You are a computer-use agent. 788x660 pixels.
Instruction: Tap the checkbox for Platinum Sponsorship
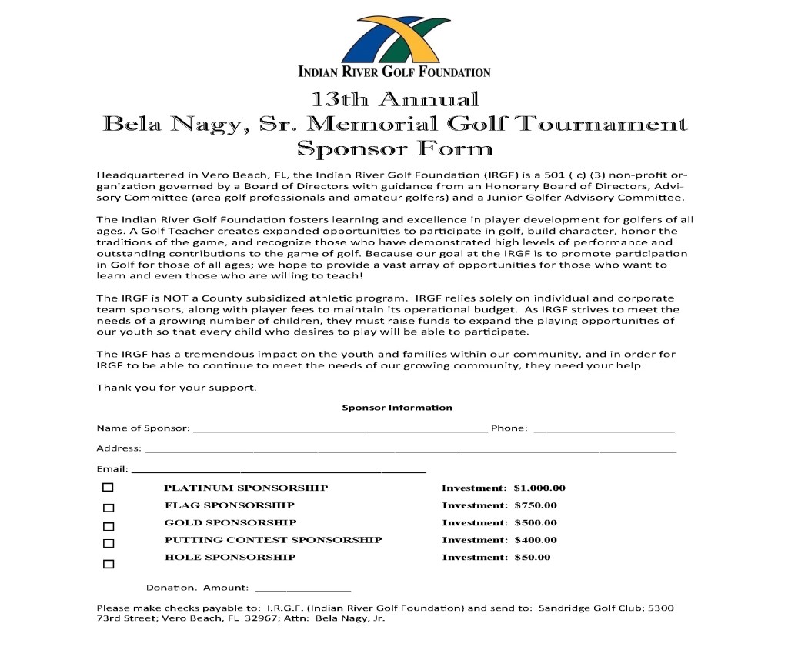tap(108, 488)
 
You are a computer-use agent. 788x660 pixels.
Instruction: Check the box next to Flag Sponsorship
tap(109, 508)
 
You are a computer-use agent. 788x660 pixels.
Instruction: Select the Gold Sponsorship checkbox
tap(109, 527)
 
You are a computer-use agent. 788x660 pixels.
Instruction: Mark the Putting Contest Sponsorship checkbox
tap(109, 544)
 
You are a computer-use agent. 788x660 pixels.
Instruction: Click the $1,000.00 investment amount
tap(539, 488)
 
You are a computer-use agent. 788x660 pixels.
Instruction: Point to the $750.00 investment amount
tap(536, 505)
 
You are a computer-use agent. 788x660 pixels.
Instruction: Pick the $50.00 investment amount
tap(533, 557)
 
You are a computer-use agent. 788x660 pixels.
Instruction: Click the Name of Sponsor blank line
tap(339, 430)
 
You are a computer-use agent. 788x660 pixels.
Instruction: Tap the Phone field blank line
tap(603, 430)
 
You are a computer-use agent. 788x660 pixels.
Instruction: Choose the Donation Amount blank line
tap(302, 589)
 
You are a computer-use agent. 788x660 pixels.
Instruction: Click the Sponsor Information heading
tap(397, 408)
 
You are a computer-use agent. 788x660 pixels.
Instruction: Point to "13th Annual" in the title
tap(395, 99)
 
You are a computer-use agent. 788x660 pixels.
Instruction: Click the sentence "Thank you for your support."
tap(176, 387)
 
